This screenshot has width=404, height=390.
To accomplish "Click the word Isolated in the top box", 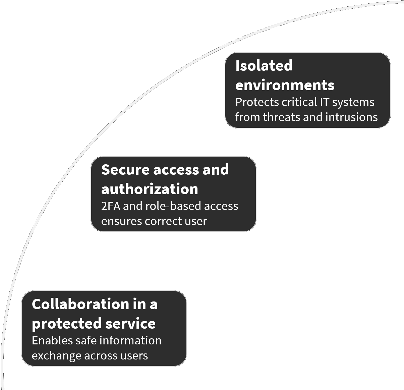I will click(264, 66).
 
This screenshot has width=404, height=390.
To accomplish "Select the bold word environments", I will click(285, 85).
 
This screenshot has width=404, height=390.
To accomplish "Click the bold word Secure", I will click(125, 170).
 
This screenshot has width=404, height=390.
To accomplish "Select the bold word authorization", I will click(150, 189).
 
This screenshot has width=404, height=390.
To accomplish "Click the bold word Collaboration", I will click(80, 304).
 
